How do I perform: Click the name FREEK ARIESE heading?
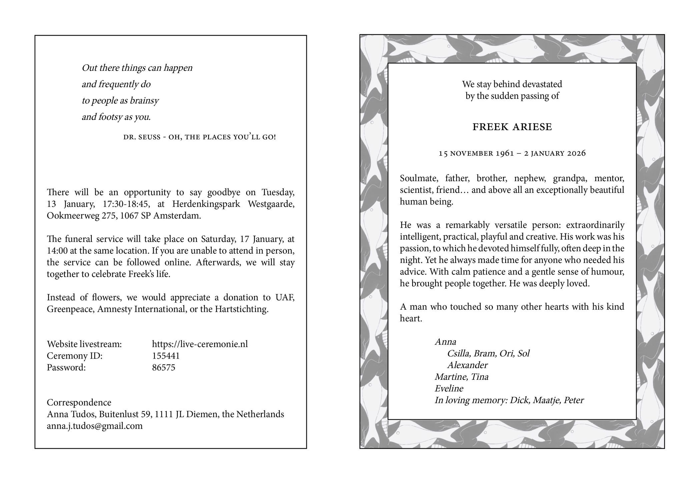tap(512, 127)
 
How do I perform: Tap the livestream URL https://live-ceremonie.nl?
tap(200, 344)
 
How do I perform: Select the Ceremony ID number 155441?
tap(166, 356)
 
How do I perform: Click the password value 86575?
tap(163, 367)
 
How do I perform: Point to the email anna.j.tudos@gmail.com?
tap(95, 426)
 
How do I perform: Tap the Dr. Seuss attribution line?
tap(199, 137)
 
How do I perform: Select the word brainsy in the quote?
tap(144, 100)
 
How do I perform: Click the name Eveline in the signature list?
tap(449, 388)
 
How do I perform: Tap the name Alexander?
tap(467, 365)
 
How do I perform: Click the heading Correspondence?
tap(79, 402)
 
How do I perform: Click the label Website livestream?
tap(84, 344)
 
